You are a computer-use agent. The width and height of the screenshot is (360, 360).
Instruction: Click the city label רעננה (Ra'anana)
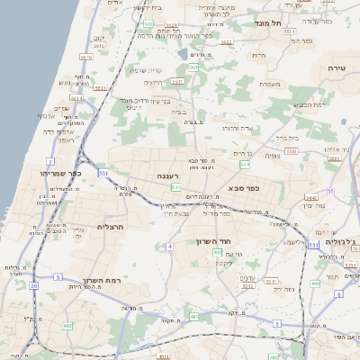(166, 175)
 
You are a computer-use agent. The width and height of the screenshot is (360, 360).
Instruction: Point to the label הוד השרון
(214, 241)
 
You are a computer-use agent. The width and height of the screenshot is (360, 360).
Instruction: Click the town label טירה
(337, 67)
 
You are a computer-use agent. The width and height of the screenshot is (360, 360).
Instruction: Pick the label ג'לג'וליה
(342, 241)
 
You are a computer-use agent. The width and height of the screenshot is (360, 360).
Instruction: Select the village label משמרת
(271, 85)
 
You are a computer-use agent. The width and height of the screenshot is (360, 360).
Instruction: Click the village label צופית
(273, 155)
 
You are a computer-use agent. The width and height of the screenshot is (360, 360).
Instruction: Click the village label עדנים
(247, 278)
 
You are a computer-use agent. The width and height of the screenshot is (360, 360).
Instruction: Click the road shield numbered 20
(34, 285)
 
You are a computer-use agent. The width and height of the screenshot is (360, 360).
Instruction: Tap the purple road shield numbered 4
(169, 246)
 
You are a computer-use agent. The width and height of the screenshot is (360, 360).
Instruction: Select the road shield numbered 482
(67, 325)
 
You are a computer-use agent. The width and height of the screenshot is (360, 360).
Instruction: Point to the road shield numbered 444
(314, 283)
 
